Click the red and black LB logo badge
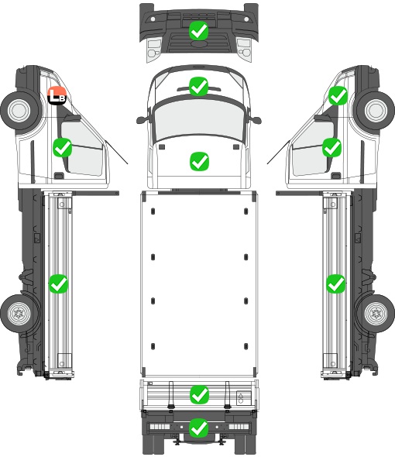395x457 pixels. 57,95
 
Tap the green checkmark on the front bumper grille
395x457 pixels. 198,31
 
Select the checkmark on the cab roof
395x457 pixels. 198,86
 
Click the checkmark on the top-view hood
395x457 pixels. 199,161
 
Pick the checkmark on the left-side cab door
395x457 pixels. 63,147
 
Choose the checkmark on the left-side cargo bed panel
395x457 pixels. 58,283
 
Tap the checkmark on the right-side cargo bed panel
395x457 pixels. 336,283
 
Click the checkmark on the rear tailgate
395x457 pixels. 199,394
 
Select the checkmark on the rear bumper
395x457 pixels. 199,428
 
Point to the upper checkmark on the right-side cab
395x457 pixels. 338,95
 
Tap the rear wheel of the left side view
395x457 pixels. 19,313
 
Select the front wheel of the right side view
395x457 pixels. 376,110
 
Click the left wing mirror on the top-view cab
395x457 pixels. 142,120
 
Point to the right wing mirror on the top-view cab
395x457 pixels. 256,120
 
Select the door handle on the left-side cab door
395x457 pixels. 59,176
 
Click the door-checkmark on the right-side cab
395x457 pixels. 331,147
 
